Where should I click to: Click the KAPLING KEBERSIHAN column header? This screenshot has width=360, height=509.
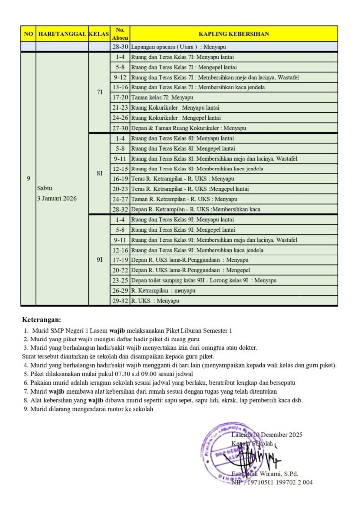point(234,34)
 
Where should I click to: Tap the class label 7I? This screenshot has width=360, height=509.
point(99,92)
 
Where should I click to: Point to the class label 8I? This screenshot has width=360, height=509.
point(99,173)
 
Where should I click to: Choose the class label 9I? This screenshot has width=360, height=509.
point(99,260)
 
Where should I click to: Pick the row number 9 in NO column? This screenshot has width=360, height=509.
point(28,178)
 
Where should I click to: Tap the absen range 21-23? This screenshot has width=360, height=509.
point(120,107)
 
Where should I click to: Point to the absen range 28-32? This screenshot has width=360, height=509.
point(120,209)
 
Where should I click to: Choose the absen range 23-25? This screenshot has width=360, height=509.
point(120,280)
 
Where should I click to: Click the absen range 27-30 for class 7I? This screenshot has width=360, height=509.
point(120,128)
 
